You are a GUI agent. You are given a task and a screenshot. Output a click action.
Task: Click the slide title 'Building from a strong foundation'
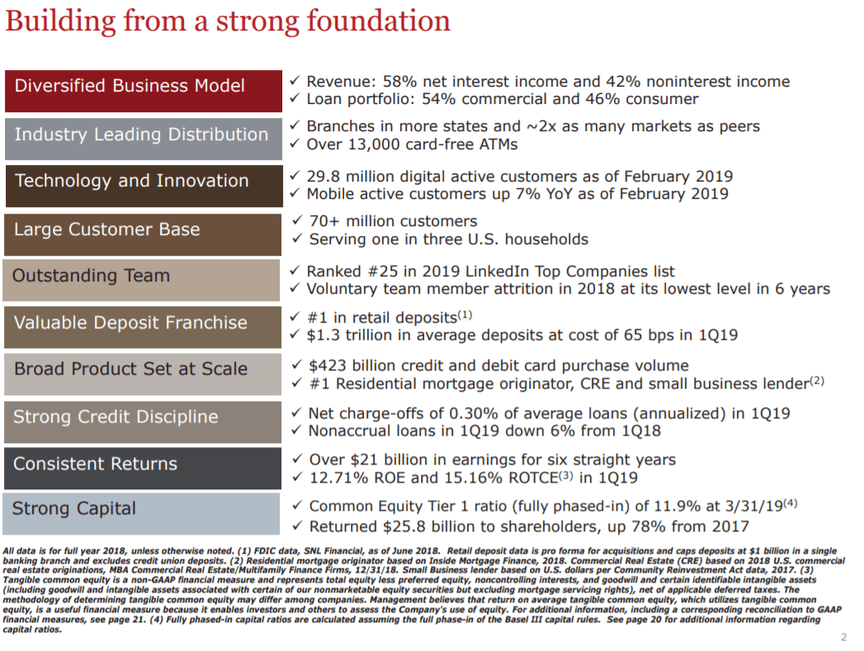click(x=228, y=21)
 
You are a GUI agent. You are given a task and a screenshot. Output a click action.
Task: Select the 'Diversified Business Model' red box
click(x=144, y=88)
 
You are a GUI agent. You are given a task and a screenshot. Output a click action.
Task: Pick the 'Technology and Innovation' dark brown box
click(x=144, y=184)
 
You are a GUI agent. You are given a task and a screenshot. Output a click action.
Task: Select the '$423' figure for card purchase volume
click(x=328, y=366)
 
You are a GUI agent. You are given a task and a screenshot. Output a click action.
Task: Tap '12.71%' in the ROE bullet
click(x=337, y=477)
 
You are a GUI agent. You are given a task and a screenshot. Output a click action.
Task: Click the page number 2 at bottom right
click(x=843, y=636)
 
